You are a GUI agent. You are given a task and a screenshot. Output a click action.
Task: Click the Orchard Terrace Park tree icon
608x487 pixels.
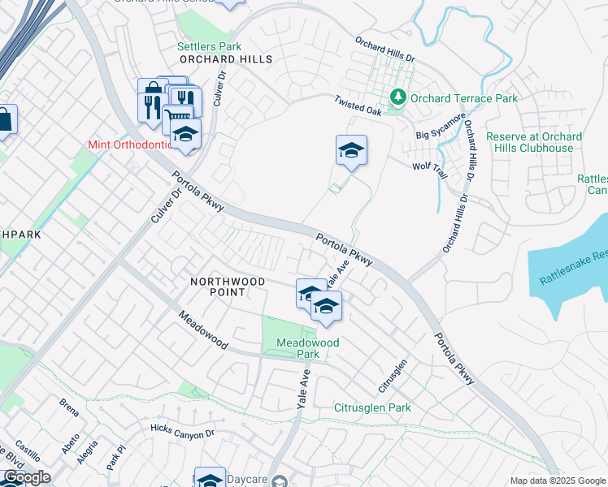[x=398, y=98]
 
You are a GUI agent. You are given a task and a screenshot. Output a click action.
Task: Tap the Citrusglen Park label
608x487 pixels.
[x=373, y=407]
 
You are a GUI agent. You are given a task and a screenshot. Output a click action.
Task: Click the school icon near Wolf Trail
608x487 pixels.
[x=351, y=150]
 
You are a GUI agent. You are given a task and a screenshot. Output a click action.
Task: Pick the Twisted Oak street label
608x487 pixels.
[x=358, y=106]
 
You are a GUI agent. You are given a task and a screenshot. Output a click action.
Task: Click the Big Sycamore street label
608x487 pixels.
[x=441, y=125]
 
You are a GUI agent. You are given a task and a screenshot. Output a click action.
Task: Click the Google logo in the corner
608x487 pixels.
[x=26, y=477]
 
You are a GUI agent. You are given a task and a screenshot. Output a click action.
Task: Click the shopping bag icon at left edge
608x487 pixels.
[x=5, y=121]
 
